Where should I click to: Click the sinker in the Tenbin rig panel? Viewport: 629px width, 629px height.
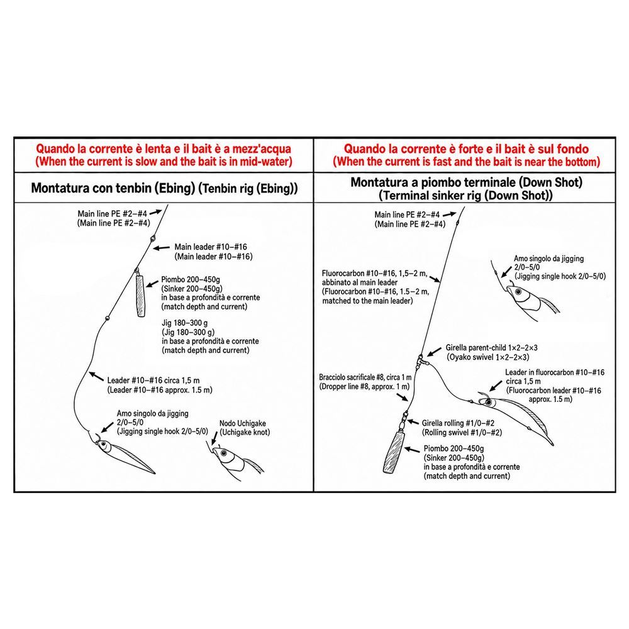coord(141,296)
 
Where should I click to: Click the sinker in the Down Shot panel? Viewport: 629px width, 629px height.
coord(394,452)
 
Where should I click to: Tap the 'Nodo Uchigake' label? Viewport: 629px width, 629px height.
coord(243,423)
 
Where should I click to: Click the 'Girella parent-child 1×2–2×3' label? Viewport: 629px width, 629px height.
coord(491,348)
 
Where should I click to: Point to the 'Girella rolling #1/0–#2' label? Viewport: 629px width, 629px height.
coord(458,423)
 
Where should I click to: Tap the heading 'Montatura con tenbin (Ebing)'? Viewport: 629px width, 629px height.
coord(113,188)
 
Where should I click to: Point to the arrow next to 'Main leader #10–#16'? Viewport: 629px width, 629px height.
coord(162,248)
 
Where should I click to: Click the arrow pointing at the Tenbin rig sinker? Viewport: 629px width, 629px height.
coord(152,283)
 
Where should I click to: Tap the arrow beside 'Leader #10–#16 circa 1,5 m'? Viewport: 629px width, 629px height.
coord(96,376)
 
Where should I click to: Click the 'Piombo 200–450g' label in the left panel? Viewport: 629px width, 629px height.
coord(191,280)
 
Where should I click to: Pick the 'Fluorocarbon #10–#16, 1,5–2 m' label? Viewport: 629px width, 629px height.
coord(375,274)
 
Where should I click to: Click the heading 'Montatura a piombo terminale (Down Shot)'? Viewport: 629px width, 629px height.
coord(466,182)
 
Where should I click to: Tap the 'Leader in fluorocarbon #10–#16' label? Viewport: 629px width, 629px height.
coord(554,372)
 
